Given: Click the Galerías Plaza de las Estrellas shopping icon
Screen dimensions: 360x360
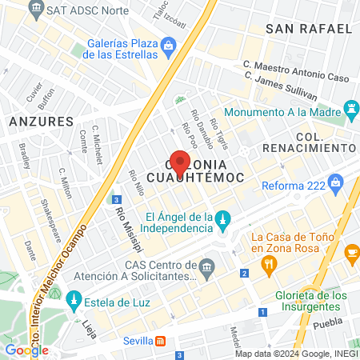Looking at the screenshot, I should pos(168,46).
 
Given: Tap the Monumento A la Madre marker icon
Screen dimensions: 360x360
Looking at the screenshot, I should pos(350,107).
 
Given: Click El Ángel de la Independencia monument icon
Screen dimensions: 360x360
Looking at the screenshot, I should pos(225,218).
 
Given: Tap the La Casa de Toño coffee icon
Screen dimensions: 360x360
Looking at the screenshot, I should pos(351,253).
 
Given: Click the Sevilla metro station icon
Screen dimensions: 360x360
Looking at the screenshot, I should pos(161,342).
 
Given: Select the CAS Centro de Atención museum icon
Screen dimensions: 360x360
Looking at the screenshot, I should pos(208,266).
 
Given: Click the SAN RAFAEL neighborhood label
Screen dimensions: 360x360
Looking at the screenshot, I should pos(308,29).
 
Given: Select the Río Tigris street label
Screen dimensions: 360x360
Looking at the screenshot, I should pos(222,130).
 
